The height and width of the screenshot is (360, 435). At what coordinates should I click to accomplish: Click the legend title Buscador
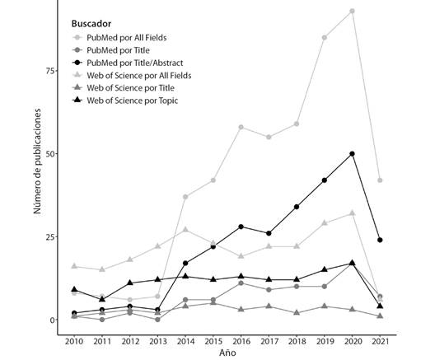point(91,24)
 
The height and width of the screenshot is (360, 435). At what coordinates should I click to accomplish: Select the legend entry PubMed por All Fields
point(119,37)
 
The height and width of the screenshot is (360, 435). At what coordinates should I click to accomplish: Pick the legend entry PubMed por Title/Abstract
point(128,63)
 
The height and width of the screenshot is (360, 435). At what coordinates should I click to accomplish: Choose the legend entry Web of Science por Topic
point(125,101)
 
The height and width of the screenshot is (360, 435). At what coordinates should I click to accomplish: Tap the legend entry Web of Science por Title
point(124,87)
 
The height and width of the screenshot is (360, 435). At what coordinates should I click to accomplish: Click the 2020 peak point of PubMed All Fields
point(353,11)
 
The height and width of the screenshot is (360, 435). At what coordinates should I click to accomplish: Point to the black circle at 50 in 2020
point(353,154)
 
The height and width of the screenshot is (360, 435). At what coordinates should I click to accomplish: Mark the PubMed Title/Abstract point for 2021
point(380,240)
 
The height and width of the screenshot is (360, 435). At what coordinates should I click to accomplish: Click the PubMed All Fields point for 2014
point(185,197)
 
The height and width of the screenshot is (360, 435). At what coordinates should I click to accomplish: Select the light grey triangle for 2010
point(74,266)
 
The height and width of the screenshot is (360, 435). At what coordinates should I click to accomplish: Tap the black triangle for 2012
point(130,283)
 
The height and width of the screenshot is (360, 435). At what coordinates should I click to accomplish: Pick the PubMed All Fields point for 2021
point(380,180)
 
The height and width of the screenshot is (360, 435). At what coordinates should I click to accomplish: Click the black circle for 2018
point(297,207)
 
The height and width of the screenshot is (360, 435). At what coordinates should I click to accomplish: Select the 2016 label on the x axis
point(241,341)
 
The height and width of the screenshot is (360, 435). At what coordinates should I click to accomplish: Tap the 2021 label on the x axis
point(380,341)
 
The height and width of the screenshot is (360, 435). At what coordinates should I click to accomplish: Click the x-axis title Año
point(227,353)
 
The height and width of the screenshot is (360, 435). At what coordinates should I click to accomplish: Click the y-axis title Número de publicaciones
point(37,161)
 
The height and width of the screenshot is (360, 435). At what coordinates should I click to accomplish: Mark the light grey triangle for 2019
point(325,222)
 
